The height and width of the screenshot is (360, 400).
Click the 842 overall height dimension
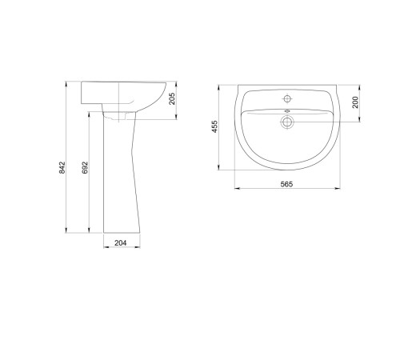click(x=62, y=168)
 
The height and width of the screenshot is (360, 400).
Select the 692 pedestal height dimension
click(x=85, y=168)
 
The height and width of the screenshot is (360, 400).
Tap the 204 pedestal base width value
click(x=121, y=243)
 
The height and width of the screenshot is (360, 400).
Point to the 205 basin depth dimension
click(x=172, y=98)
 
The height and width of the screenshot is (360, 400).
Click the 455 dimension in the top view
click(x=214, y=126)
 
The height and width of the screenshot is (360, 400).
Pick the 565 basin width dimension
click(x=286, y=184)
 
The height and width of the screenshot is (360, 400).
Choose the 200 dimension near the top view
click(x=355, y=102)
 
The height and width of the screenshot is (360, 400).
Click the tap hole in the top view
click(x=287, y=99)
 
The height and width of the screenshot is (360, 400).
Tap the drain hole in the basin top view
click(x=287, y=122)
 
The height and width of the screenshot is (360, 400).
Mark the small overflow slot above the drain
click(x=287, y=111)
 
